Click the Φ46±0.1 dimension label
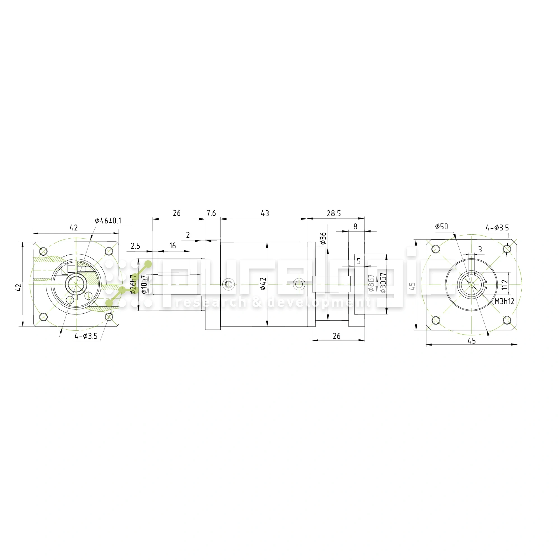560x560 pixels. tap(108, 221)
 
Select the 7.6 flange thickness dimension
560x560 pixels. tap(211, 214)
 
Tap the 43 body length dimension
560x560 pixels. tap(265, 214)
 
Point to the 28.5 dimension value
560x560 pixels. tap(334, 214)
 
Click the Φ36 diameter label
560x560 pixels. tap(323, 238)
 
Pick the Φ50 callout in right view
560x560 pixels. tap(442, 227)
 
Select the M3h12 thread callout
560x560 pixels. tap(504, 302)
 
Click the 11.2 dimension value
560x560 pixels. tap(505, 285)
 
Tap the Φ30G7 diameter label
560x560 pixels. tap(383, 283)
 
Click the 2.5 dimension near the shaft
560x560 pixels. tap(135, 246)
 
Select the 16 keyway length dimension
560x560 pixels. tap(172, 246)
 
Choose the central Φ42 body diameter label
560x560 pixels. tap(263, 284)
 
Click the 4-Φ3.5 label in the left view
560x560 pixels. tap(86, 336)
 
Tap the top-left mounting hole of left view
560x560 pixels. tap(43, 251)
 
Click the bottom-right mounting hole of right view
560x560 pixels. tap(507, 320)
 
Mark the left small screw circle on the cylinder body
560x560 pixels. tap(228, 284)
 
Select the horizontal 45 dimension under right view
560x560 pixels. tap(472, 341)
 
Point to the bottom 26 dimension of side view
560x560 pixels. tap(337, 336)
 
